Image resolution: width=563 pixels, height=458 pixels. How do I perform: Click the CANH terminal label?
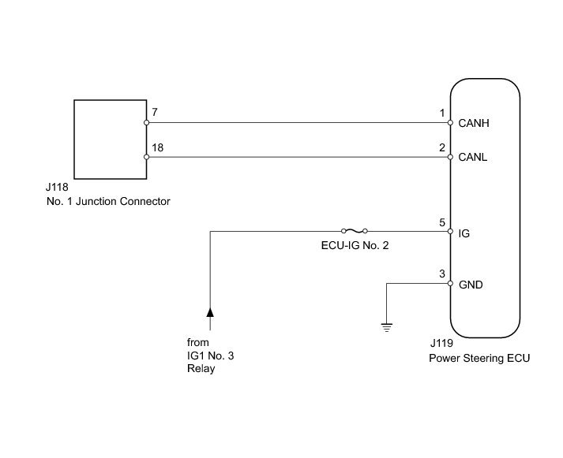(474, 123)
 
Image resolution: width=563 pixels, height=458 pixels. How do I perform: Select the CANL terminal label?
(472, 158)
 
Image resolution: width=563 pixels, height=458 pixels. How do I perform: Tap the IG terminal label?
(464, 233)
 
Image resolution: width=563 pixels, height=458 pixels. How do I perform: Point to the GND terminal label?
(471, 285)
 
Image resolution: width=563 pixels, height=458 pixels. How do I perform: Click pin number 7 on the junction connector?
(155, 112)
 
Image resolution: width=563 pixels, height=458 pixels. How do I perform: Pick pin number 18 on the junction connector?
(157, 147)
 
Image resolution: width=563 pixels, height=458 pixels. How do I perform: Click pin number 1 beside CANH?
(442, 114)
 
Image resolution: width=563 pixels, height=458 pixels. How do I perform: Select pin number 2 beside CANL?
(442, 147)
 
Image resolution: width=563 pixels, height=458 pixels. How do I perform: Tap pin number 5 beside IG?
(442, 222)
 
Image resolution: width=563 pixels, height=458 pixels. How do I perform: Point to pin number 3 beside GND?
(442, 274)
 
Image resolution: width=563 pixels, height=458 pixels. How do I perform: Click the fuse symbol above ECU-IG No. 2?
(355, 231)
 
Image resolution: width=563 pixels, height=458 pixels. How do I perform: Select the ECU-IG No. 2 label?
(355, 245)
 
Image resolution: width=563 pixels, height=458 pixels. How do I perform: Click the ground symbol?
(387, 327)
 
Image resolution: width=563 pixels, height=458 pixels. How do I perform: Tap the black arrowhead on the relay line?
(210, 312)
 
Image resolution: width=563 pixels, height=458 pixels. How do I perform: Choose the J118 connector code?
(57, 187)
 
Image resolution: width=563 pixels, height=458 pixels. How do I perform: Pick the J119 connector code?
(441, 344)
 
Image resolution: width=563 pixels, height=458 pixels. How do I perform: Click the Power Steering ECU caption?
(479, 359)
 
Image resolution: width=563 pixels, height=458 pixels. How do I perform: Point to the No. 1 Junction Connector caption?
(108, 201)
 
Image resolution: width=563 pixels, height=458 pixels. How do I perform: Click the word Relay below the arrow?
(201, 368)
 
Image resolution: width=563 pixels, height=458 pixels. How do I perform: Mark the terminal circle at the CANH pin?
(450, 122)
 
